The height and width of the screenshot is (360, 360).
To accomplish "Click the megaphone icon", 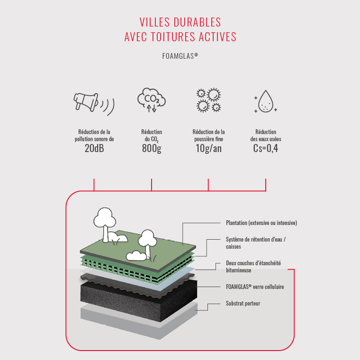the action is [x=94, y=104].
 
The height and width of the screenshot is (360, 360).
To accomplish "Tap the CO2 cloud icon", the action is [x=152, y=100].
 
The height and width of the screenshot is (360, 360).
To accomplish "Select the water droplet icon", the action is [x=266, y=101].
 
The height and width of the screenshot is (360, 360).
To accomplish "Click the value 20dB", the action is [x=94, y=148].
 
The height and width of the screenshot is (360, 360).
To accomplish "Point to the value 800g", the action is [x=152, y=149].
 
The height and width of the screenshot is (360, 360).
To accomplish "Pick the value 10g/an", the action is [x=208, y=149].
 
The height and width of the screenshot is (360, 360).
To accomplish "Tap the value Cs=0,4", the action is [x=266, y=148].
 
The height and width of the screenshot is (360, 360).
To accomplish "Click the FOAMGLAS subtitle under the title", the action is [x=180, y=56].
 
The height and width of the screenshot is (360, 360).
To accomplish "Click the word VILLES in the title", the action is [x=154, y=22].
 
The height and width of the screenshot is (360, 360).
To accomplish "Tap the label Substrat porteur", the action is [x=243, y=303].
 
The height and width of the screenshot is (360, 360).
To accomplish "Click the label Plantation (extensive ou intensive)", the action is [x=261, y=223].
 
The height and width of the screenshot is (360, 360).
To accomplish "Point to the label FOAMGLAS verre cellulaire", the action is [x=255, y=287].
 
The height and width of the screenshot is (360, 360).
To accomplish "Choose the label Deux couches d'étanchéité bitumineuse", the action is [x=253, y=267].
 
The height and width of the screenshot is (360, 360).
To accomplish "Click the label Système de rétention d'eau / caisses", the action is [x=256, y=243].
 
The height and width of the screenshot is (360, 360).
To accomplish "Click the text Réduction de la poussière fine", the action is [x=208, y=135].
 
